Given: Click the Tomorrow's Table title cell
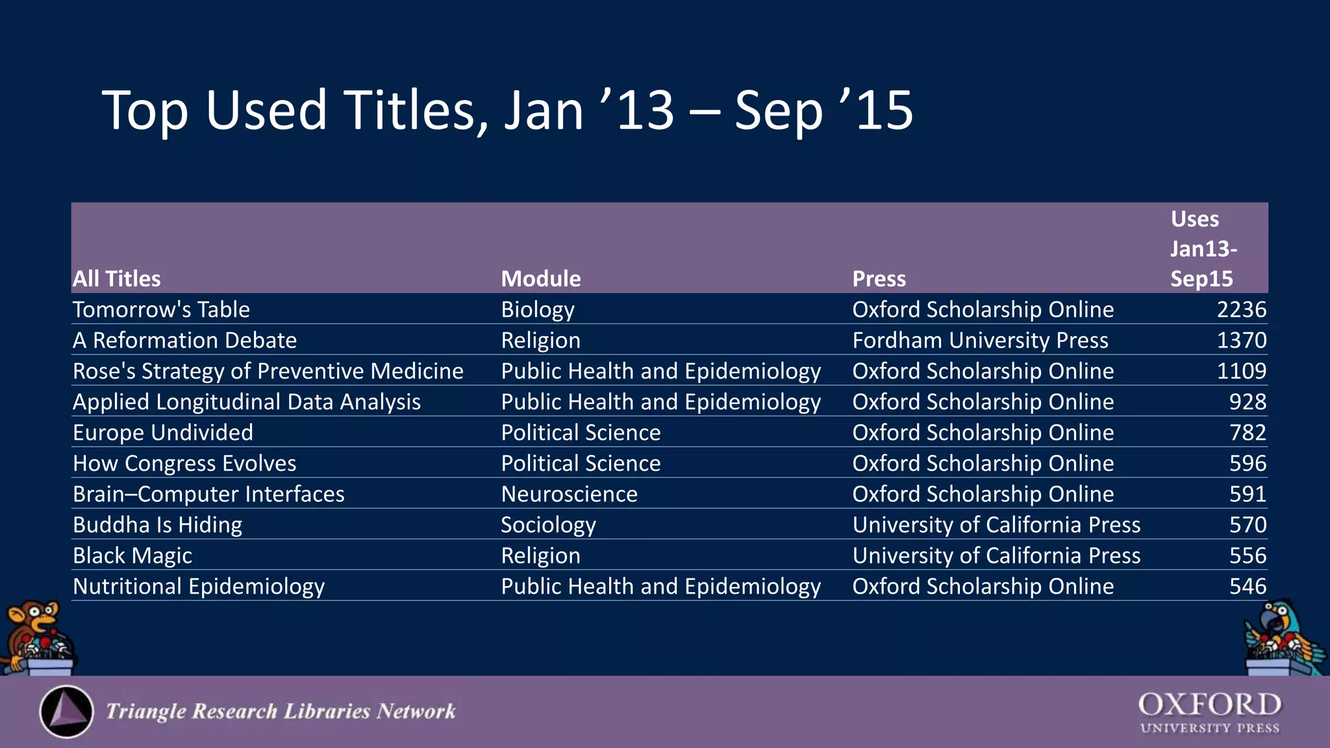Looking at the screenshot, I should coord(161,310).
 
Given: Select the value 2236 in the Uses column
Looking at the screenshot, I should coord(1241,310).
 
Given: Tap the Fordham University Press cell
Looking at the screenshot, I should coord(980,340).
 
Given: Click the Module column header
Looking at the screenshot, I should coord(541,279).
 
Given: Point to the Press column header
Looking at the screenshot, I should coord(879,279).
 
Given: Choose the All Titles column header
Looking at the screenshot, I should coord(117,279).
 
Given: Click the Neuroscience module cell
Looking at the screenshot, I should coord(569,494).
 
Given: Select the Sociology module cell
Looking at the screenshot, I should coord(548,525).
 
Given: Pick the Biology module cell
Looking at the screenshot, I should coord(538,310).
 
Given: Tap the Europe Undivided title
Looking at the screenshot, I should coord(163,432).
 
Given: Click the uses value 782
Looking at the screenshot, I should coord(1248,432).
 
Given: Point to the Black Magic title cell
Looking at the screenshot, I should coord(132,556).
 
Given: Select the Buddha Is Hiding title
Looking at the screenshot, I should coord(157,525).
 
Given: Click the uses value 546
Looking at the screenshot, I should coord(1248,586).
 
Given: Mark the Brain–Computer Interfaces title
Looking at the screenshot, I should coord(208,494).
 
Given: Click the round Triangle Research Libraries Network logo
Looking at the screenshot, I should coord(66,712).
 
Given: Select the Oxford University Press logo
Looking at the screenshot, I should coord(1210,712).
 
